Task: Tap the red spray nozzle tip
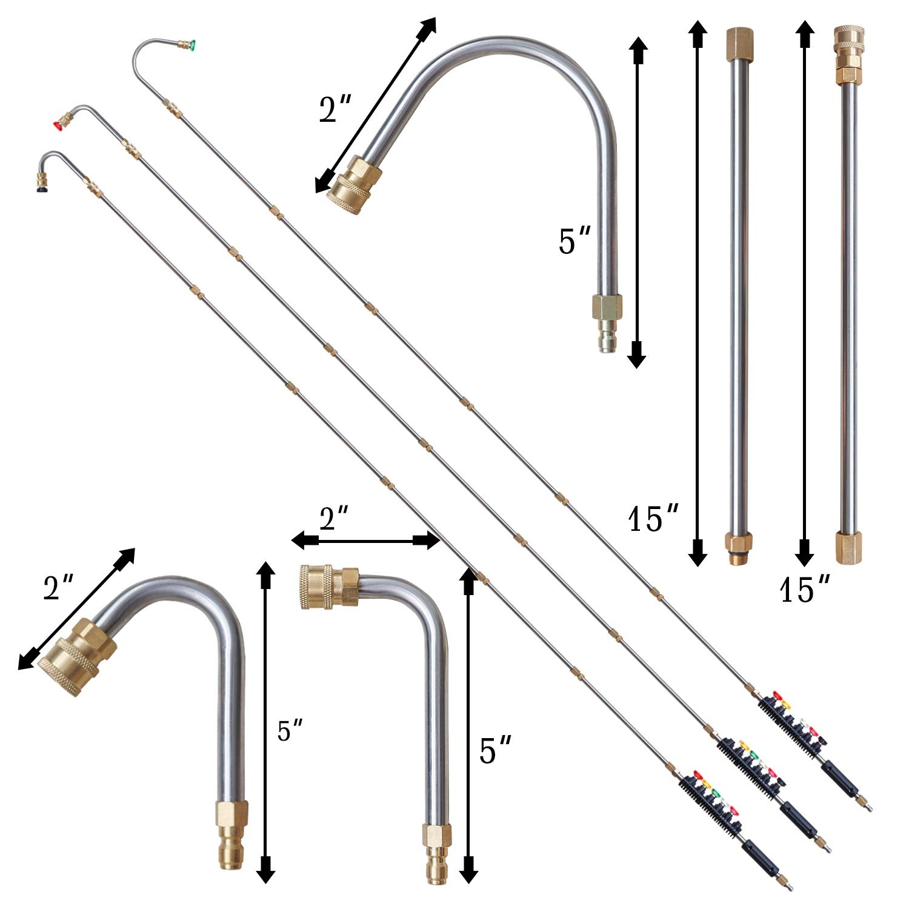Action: click(x=59, y=125)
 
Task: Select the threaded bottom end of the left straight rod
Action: click(x=737, y=552)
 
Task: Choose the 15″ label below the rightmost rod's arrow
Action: click(x=804, y=589)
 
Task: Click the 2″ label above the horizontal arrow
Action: click(x=335, y=518)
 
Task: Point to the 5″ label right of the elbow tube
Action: click(x=494, y=750)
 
